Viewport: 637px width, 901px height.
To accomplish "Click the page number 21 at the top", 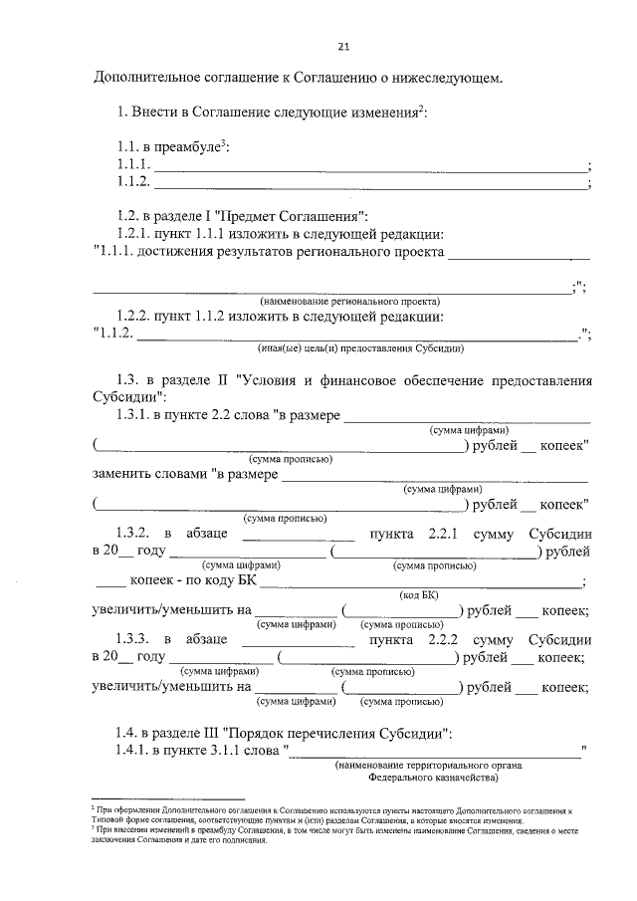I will coord(343,46).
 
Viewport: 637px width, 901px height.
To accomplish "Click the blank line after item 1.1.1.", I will coord(369,168).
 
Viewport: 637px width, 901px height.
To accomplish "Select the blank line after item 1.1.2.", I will coord(369,185).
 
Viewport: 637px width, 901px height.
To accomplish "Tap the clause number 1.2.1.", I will coord(135,233).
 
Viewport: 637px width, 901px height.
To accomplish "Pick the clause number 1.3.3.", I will coord(135,639).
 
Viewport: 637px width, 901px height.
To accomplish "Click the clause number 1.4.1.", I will coord(135,753).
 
